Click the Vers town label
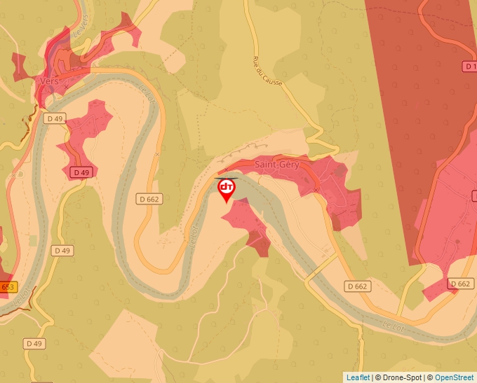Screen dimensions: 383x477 (49, 81)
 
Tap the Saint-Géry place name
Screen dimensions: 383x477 (276, 165)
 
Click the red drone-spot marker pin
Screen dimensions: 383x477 (227, 188)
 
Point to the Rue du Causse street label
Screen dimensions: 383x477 (267, 71)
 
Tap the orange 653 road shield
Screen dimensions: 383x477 (7, 287)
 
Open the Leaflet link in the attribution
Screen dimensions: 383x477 (358, 377)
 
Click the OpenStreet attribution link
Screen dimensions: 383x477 (454, 377)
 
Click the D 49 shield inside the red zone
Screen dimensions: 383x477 (81, 172)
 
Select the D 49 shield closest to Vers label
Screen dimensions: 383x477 (53, 118)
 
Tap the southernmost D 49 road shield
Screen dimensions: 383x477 (34, 343)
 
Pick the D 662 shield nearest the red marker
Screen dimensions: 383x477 (149, 200)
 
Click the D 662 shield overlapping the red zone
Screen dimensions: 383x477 (460, 284)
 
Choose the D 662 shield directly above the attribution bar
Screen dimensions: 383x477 (357, 286)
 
